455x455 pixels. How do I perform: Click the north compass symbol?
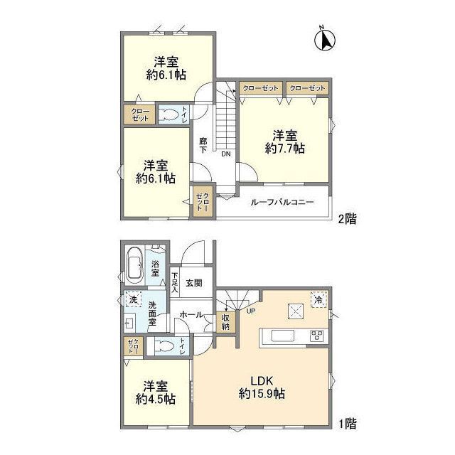tap(325, 40)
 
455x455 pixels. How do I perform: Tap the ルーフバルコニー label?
tap(282, 202)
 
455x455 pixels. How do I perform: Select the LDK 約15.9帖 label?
tap(262, 387)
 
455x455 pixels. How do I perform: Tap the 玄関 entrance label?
tap(194, 283)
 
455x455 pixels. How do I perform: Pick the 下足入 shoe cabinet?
tap(175, 282)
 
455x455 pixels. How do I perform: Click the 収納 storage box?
tap(225, 322)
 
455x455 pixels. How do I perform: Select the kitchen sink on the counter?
tap(283, 337)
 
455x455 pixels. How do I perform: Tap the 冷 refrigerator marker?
tap(319, 300)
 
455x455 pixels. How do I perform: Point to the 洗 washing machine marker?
tap(133, 299)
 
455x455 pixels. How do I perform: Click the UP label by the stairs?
tap(251, 311)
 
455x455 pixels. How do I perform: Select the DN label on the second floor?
tap(226, 154)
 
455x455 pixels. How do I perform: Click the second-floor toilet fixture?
tap(168, 114)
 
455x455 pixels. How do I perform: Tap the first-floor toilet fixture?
tap(164, 346)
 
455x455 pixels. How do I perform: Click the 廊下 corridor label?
tap(203, 146)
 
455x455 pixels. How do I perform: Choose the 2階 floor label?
tap(348, 219)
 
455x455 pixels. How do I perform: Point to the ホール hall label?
tap(191, 314)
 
